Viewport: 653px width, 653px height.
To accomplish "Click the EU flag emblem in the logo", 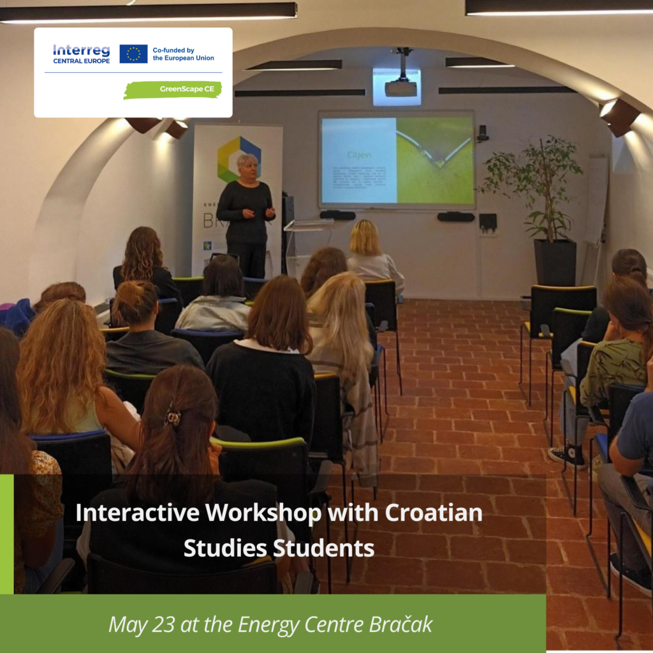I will point(133,54).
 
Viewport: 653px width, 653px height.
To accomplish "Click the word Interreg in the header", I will point(82,50).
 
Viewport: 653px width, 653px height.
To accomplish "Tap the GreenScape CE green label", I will point(173,90).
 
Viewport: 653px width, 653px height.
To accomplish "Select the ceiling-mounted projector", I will point(401,87).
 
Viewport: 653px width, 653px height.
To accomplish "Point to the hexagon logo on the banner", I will point(238,159).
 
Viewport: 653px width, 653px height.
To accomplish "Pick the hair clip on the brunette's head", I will point(172,418).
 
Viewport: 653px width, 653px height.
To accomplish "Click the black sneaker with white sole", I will point(567,455).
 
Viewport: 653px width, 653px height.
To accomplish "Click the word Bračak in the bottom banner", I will point(400,625).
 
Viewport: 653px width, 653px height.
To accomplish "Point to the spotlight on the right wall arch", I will point(618,116).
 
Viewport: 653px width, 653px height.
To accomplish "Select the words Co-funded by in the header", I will point(173,50).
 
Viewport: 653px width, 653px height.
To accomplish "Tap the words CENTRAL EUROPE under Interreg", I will point(82,61).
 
